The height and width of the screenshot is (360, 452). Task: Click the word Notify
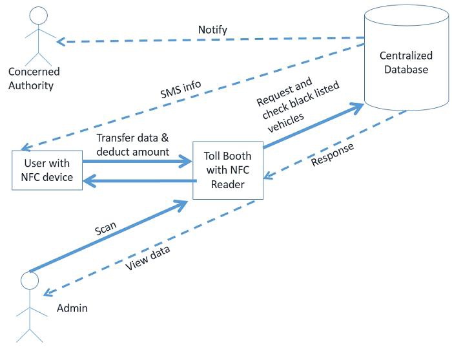[212, 30]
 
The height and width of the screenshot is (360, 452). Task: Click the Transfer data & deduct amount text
[132, 145]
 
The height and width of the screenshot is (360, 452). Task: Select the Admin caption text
[72, 308]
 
